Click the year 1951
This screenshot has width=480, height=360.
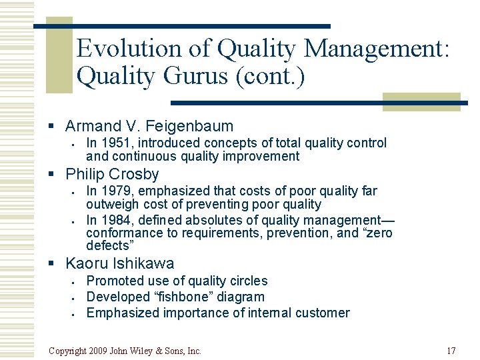tap(113, 143)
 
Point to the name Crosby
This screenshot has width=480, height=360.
tap(137, 175)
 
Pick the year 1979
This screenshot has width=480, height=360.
tap(113, 191)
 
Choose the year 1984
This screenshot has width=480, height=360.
tap(113, 220)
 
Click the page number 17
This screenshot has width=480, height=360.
tap(451, 351)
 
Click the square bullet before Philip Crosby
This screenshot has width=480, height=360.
tap(58, 175)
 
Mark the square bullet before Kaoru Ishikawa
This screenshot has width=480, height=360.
tap(58, 264)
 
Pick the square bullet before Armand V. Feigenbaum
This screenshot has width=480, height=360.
tap(58, 127)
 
